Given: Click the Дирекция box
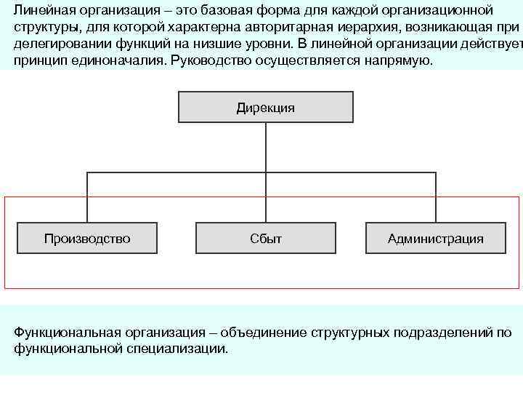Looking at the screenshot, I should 266,107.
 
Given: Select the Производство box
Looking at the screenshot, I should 87,238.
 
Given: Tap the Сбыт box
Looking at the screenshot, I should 266,238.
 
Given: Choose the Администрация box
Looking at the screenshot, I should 435,238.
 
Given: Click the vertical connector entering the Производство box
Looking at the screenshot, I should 87,196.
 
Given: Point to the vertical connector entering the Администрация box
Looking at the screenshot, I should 435,196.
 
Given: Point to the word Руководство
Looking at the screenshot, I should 208,60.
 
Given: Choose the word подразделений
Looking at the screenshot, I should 443,333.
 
